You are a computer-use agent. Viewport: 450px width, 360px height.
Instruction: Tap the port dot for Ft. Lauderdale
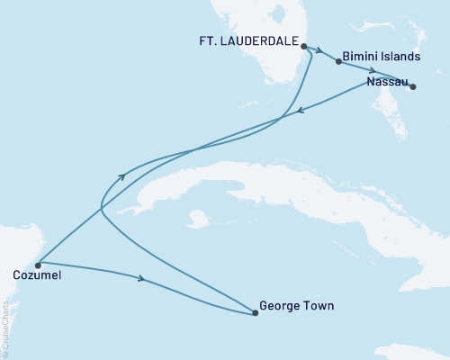(x=303, y=45)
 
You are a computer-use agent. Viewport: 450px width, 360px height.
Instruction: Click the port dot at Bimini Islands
(x=338, y=62)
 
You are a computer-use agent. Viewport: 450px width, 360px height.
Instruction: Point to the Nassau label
(x=386, y=82)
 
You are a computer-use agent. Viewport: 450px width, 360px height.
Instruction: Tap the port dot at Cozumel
(x=38, y=265)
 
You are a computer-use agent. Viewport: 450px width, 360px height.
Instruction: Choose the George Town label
(x=296, y=306)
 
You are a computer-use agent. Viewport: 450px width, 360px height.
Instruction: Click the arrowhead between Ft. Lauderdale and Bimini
(x=319, y=51)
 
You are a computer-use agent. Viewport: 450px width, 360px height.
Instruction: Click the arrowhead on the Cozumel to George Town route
(x=140, y=279)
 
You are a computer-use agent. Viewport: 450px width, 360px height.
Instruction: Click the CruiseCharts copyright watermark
(x=6, y=328)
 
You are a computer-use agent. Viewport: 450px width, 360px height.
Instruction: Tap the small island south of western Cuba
(x=195, y=218)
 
